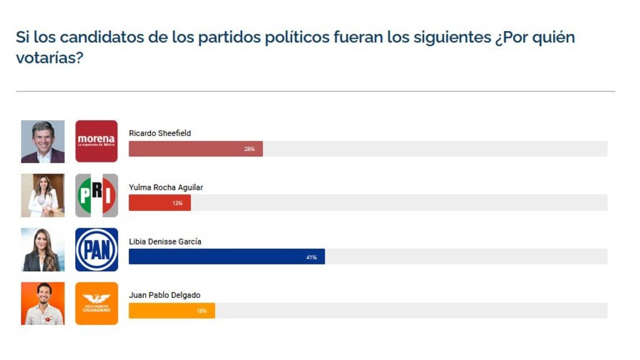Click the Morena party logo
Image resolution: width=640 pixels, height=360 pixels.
tap(96, 141)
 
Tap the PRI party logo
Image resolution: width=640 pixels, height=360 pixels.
tap(96, 195)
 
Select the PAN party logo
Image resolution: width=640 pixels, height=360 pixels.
tap(96, 250)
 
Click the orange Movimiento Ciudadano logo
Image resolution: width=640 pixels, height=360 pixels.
tap(96, 303)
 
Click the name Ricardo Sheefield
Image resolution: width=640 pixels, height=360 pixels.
tap(159, 133)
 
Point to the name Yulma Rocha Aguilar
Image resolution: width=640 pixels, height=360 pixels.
tap(166, 187)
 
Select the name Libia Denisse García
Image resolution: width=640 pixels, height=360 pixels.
tap(165, 242)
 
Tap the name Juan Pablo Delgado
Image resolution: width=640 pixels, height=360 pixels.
tap(164, 295)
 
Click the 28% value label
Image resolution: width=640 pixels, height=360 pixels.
tap(249, 149)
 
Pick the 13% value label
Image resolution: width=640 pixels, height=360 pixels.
tap(177, 203)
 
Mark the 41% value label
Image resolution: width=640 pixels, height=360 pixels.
tap(311, 258)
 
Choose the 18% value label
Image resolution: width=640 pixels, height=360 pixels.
tap(201, 311)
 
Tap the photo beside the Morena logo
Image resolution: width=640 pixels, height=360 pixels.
tap(43, 141)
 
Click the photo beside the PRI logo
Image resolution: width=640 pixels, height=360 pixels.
tap(43, 195)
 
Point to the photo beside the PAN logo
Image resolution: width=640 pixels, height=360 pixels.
tap(43, 250)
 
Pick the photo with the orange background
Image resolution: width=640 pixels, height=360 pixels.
tap(43, 303)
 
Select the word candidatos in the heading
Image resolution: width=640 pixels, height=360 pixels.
tap(94, 37)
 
